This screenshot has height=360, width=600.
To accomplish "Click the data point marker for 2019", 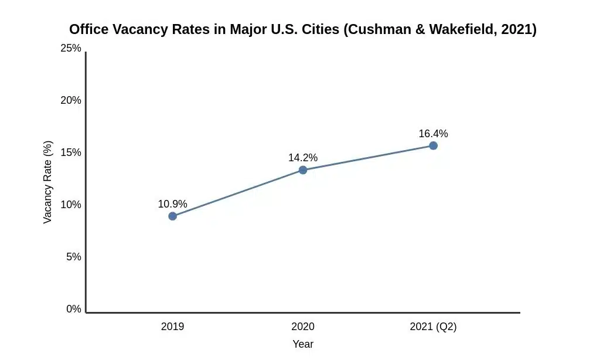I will coord(172,216).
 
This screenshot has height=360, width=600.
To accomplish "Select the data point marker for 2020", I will coord(303,170).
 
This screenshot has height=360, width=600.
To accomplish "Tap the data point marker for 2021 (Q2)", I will coord(433,145).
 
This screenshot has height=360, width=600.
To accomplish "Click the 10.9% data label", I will coord(172,204).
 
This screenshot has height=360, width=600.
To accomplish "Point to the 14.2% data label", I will coord(303,158).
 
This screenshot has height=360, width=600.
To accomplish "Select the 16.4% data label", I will coord(433,134).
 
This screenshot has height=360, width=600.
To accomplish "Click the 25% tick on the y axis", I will coord(71,48).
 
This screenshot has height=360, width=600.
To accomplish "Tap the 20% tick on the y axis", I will coord(71,100).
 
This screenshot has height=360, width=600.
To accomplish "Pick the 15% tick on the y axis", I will coord(71,152).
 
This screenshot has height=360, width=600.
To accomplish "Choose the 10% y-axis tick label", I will coord(71,205).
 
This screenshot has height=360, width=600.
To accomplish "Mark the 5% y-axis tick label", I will coord(73,257).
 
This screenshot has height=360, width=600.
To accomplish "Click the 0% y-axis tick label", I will coord(73,309).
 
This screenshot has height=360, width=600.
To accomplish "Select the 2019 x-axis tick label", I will coord(172,327).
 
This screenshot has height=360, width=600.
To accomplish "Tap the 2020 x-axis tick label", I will coord(303,327).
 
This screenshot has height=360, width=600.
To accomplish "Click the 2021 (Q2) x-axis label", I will coord(433,327).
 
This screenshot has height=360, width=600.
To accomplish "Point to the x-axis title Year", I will coord(303,344).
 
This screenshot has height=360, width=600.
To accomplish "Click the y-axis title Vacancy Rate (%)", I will coord(48,182).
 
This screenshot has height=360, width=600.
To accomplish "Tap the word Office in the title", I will coord(88,29).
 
